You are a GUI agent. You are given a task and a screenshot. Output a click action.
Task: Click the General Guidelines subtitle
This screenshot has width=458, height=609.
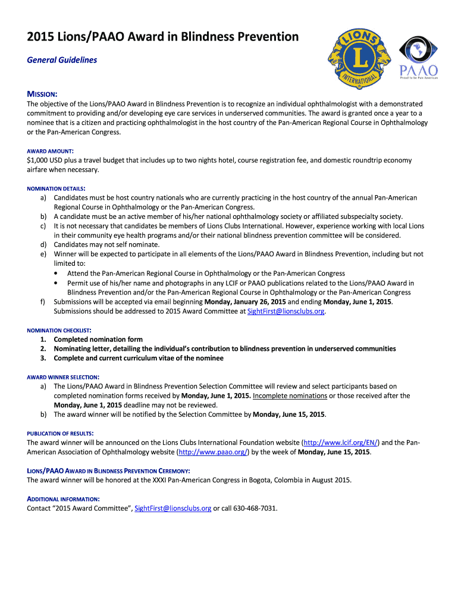pyautogui.click(x=62, y=60)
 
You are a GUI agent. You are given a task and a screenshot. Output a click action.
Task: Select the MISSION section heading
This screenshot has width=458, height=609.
pyautogui.click(x=42, y=95)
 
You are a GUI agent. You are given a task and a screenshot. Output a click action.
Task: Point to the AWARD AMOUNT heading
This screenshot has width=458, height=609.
pyautogui.click(x=50, y=151)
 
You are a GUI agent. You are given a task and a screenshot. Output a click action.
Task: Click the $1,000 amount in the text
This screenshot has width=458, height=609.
pyautogui.click(x=39, y=161)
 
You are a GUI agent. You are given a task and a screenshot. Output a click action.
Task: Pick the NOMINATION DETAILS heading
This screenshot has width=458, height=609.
pyautogui.click(x=61, y=189)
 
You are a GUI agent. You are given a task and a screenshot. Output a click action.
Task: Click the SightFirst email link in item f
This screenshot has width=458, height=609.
pyautogui.click(x=286, y=311)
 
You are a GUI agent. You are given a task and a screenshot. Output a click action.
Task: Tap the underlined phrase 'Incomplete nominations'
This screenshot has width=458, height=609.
pyautogui.click(x=290, y=395)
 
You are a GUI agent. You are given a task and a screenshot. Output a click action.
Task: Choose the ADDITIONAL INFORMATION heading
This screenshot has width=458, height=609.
pyautogui.click(x=63, y=499)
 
